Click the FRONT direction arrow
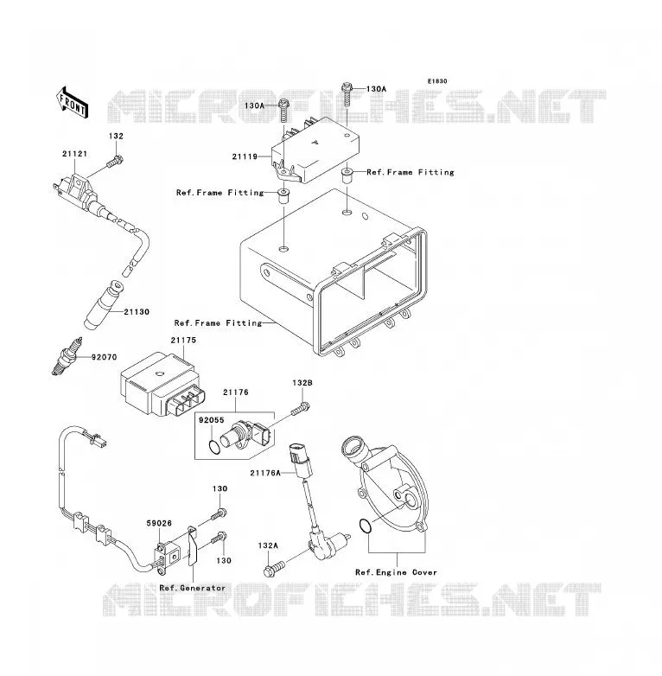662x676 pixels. point(73,103)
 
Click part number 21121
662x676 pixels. point(74,154)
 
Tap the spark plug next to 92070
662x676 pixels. point(66,356)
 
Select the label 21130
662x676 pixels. point(137,312)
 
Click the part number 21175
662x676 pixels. point(183,340)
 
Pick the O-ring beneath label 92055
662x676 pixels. point(214,448)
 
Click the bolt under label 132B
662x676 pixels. point(301,408)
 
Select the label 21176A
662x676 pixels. point(265,473)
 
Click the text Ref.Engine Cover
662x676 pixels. point(396,572)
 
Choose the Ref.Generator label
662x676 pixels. point(192,588)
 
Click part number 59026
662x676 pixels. point(159,523)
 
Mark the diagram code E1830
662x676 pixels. point(437,81)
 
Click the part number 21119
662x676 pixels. point(245,156)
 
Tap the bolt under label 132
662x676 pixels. point(115,163)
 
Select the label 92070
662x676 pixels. point(104,357)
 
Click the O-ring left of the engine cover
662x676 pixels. point(365,526)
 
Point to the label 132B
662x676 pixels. point(302,383)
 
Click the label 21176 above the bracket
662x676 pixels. point(236,392)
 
